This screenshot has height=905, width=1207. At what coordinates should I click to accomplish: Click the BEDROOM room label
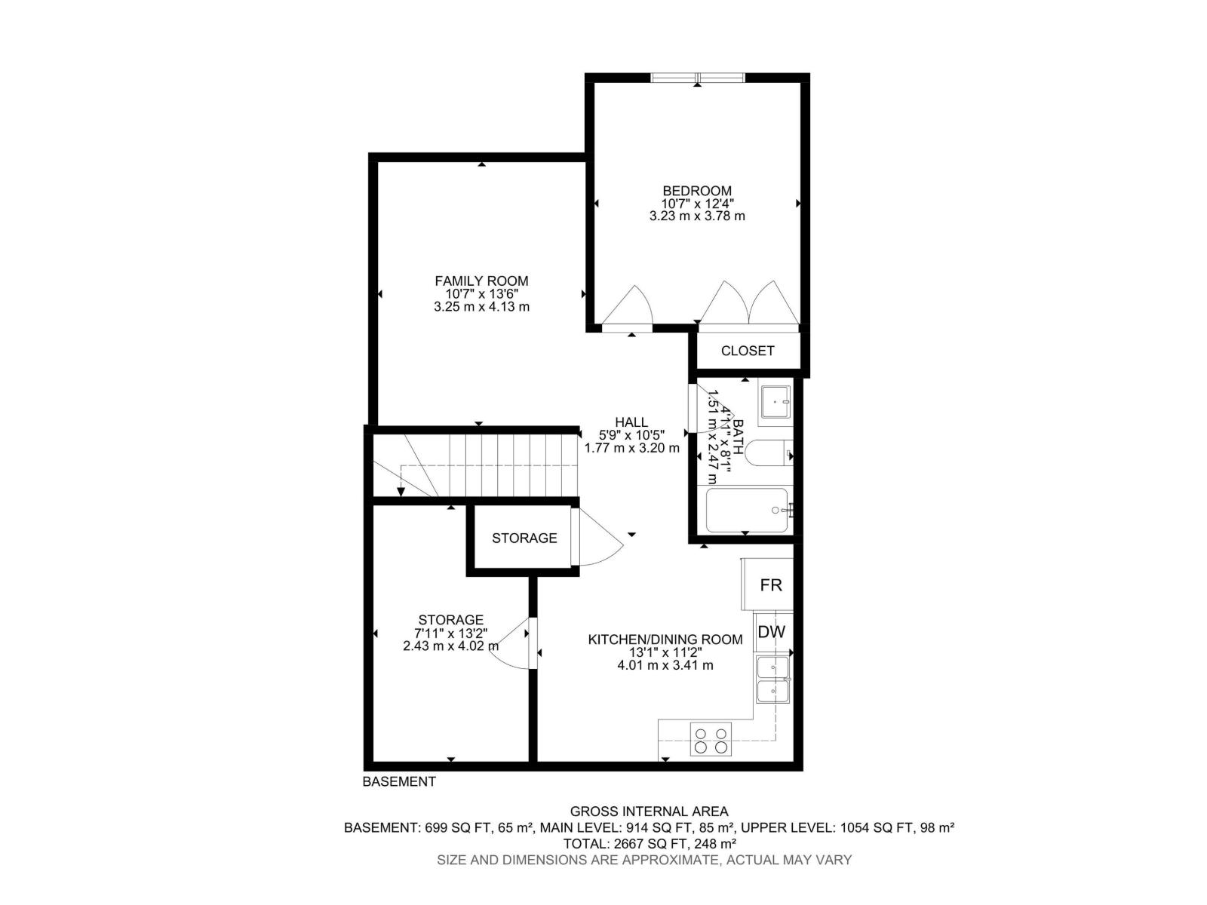click(697, 191)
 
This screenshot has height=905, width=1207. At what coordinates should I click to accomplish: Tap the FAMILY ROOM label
click(481, 281)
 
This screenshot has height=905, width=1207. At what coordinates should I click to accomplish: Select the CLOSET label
click(747, 351)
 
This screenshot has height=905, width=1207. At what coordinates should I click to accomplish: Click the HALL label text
click(631, 422)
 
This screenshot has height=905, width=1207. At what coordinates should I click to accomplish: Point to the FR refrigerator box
click(769, 584)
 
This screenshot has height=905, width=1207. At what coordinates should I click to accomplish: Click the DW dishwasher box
click(771, 632)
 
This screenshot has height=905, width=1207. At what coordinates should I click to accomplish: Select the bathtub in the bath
click(747, 511)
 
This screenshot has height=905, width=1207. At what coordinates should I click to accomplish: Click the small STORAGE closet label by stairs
click(524, 538)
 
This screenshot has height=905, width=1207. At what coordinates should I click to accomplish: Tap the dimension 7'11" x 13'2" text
click(451, 633)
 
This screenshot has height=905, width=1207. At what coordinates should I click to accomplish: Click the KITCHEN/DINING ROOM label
click(665, 640)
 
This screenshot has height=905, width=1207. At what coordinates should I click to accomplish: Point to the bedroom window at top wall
click(698, 77)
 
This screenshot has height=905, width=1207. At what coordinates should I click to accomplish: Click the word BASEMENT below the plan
click(399, 782)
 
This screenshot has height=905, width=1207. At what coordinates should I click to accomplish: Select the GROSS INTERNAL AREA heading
click(649, 811)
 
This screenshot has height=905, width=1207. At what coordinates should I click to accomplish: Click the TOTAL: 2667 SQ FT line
click(650, 843)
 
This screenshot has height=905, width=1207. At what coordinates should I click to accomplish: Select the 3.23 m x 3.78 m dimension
click(697, 216)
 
